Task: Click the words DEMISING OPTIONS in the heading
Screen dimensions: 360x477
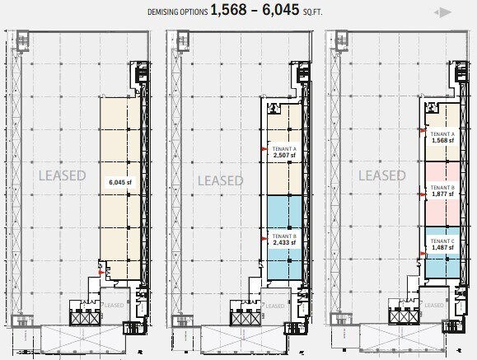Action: point(176,11)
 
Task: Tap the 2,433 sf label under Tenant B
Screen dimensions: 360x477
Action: point(283,244)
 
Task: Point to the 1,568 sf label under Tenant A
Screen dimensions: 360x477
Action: point(442,140)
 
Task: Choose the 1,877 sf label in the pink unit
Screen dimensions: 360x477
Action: point(442,195)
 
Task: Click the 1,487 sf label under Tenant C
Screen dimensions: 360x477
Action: point(442,247)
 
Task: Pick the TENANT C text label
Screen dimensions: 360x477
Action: point(442,240)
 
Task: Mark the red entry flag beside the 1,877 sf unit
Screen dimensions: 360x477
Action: point(423,189)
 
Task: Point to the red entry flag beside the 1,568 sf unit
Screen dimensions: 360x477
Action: point(423,132)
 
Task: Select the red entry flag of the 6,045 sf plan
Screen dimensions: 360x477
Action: point(102,265)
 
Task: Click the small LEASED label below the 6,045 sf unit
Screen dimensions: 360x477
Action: point(115,303)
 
